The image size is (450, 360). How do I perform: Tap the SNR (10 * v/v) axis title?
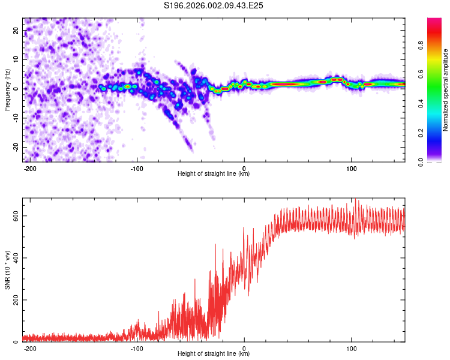7,269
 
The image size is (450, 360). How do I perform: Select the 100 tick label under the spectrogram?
351,168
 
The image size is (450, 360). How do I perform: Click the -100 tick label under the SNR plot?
137,349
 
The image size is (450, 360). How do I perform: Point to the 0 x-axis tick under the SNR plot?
244,349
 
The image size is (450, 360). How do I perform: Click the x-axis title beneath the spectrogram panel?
214,174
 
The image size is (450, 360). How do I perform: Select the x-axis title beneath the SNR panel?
214,354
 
